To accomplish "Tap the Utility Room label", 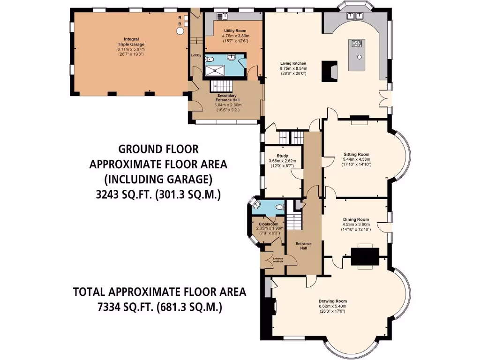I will pos(235,30).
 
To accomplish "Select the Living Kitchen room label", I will pos(293,63).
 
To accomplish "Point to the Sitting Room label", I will pos(356,154).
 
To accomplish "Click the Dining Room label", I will pos(356,219).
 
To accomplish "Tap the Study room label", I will pos(282,156).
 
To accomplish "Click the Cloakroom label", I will pos(268,224).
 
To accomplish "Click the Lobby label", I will pos(195,55).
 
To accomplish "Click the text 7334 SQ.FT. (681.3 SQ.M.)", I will pos(160,307).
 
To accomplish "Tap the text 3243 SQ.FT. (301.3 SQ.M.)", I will pos(158,195).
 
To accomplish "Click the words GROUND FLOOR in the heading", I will pos(158,149).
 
